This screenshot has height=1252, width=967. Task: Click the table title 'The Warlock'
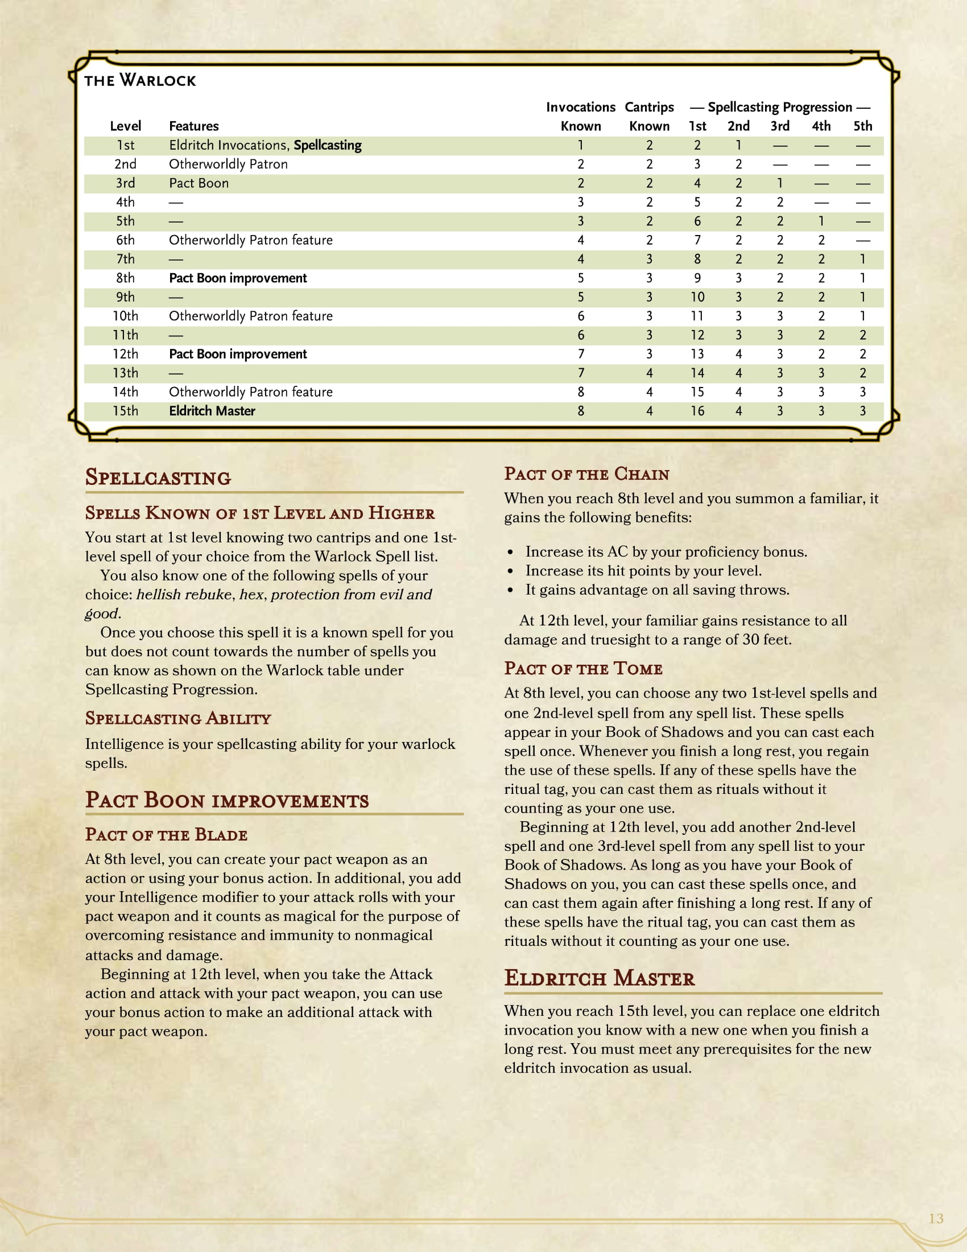point(140,80)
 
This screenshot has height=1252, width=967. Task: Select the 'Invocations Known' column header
point(580,116)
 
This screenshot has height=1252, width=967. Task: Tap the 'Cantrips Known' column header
point(649,116)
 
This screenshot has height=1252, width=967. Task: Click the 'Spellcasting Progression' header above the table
point(780,107)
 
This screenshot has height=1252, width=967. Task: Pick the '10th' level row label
point(126,316)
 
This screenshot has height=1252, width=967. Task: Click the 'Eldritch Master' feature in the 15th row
point(212,411)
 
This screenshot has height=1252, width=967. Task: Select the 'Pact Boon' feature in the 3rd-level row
point(199,183)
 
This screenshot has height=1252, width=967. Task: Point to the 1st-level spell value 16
point(697,411)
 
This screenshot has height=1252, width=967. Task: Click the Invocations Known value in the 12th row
point(580,355)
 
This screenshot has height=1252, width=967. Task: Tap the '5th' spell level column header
point(863,126)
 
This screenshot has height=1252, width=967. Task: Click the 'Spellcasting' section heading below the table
point(158,477)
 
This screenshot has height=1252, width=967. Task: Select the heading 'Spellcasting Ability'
point(178,718)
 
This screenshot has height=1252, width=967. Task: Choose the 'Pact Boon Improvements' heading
point(227,800)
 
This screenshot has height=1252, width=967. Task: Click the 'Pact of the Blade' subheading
point(166,835)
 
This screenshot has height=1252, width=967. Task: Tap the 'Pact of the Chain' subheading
point(586,474)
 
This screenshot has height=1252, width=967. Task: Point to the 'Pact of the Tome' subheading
point(583,669)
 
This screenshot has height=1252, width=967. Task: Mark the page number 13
point(936,1218)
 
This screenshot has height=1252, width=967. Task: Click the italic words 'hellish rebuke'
point(184,595)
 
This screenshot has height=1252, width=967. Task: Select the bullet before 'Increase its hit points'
point(510,571)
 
